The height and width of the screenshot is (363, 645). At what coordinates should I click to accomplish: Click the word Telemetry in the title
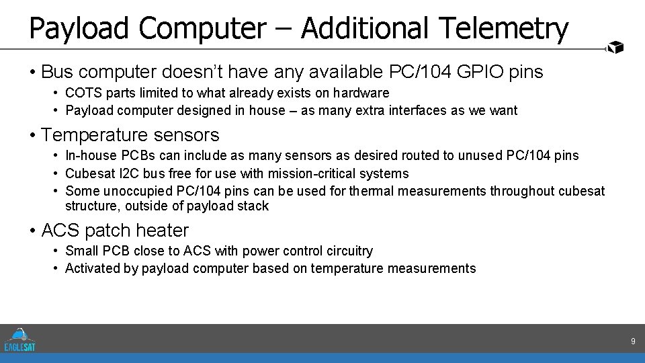[x=503, y=28]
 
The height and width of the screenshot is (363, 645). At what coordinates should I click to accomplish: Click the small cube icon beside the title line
[x=615, y=47]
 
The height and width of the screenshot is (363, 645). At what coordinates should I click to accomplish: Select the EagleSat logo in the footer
[x=19, y=339]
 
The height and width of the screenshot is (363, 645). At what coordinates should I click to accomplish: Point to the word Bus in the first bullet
[x=56, y=71]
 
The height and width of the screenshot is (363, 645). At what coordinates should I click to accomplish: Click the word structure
[x=91, y=206]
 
